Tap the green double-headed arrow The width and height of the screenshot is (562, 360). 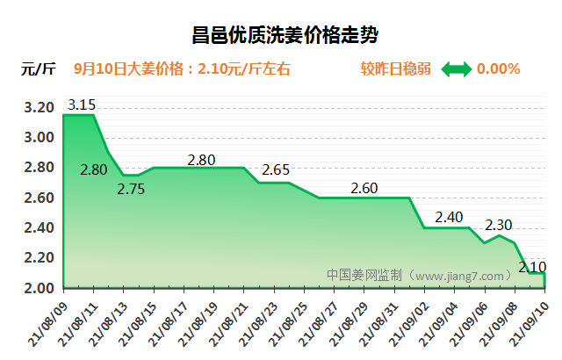tap(456, 68)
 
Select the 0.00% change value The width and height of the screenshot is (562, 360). tap(498, 68)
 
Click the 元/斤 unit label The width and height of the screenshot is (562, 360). tap(39, 68)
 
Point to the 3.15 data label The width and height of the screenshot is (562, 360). tap(82, 104)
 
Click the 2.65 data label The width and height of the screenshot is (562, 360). tap(276, 169)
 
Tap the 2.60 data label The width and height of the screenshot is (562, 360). tap(364, 188)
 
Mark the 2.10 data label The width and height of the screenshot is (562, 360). tap(532, 267)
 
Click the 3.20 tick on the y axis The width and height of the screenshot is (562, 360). tap(39, 108)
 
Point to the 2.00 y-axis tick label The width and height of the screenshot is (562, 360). tap(39, 288)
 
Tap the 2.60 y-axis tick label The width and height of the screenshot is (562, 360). tap(39, 198)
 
